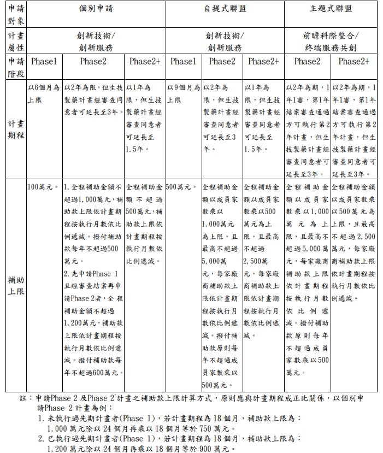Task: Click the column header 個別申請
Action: point(93,9)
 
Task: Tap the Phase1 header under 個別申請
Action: point(44,62)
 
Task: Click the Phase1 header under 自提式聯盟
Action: point(183,62)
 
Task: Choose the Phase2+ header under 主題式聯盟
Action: point(353,62)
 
